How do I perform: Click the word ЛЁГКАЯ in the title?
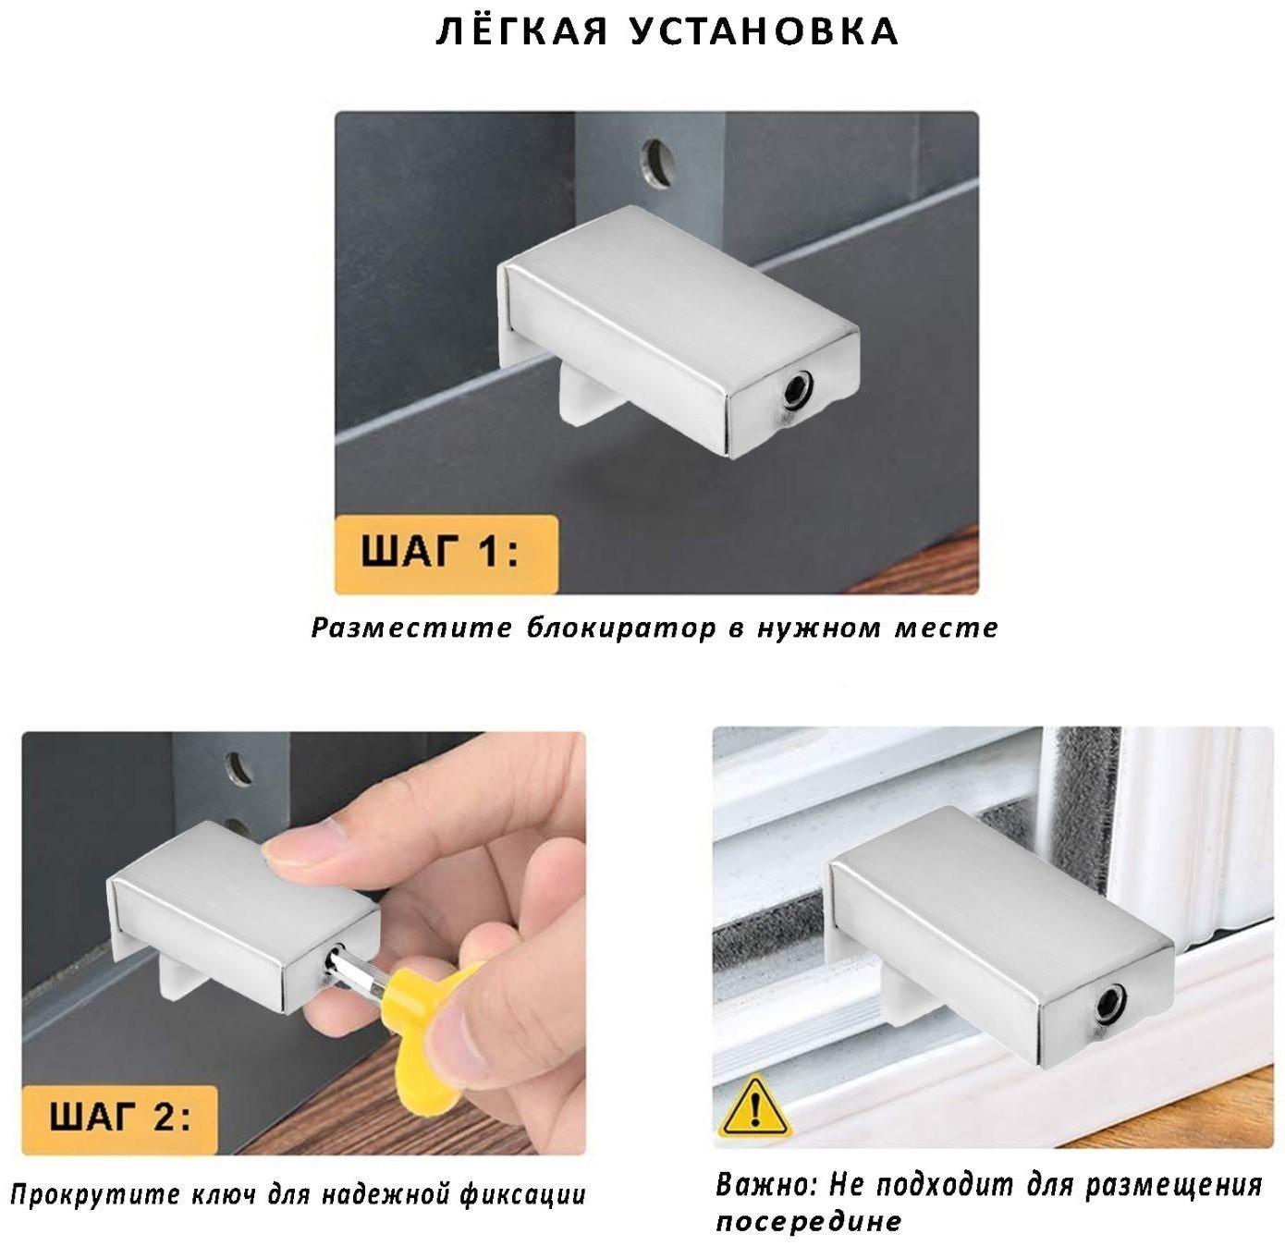coord(521,31)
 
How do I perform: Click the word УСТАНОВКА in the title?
coord(764,31)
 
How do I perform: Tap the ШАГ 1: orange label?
coord(446,554)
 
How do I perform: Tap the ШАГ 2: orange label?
coord(119,1118)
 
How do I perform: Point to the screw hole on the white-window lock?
coord(1110,1006)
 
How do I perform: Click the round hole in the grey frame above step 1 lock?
coord(657,162)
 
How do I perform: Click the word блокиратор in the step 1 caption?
coord(621,628)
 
